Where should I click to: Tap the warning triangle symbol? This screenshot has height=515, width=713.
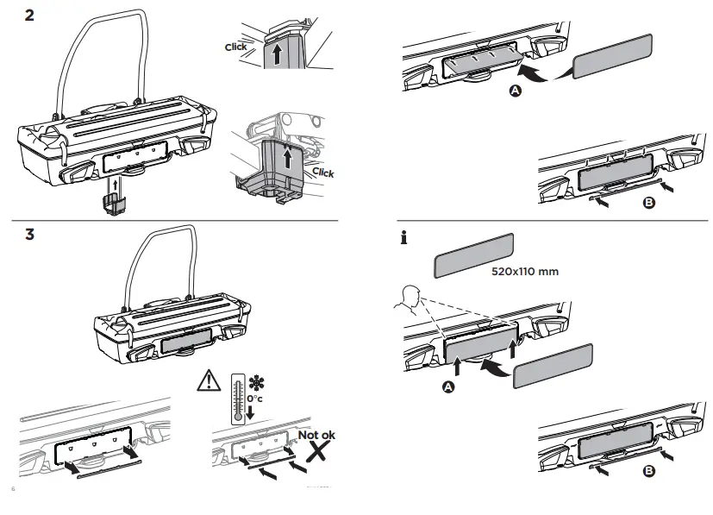point(208,379)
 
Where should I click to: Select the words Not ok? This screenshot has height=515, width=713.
point(316,435)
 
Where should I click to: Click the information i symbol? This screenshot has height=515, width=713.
point(403,240)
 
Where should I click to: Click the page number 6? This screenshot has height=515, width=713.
point(13,490)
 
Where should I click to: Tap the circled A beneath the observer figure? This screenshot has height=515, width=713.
point(447,388)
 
